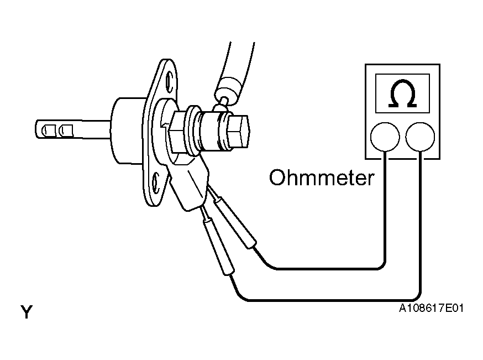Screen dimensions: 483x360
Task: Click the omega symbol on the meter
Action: tap(402, 93)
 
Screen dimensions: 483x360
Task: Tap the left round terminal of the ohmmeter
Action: tap(385, 137)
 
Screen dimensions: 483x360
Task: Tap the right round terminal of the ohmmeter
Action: tap(420, 137)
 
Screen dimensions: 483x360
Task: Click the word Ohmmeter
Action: tap(322, 178)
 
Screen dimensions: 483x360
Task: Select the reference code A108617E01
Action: tap(431, 308)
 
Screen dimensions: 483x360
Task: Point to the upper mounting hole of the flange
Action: tap(169, 82)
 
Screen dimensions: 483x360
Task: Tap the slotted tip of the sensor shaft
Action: tap(55, 129)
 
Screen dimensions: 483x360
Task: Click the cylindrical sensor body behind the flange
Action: tap(128, 131)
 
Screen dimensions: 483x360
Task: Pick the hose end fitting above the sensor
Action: tap(229, 90)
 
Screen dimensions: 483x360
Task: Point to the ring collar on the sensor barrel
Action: tap(194, 131)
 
